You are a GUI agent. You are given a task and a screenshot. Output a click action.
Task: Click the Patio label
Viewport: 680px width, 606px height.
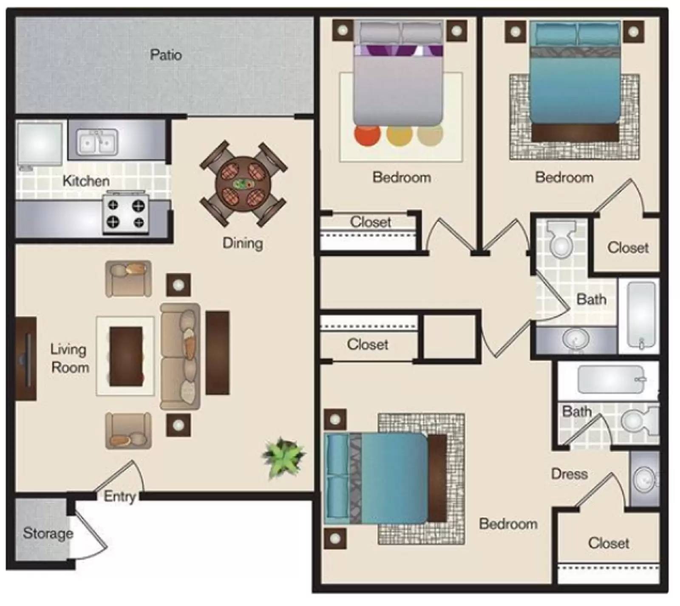click(x=166, y=55)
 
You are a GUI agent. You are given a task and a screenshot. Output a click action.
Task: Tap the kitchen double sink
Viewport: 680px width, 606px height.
click(x=97, y=142)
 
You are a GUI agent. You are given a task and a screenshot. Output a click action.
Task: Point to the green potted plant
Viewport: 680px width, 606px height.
click(x=283, y=456)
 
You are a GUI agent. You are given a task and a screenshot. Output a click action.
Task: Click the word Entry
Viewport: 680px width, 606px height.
click(x=119, y=496)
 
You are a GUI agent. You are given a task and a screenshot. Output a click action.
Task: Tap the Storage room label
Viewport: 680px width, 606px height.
click(x=48, y=533)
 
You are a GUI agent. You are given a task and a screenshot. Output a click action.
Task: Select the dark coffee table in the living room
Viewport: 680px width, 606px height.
click(x=126, y=357)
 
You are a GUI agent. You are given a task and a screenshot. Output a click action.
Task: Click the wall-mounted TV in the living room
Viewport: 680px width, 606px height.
click(x=26, y=358)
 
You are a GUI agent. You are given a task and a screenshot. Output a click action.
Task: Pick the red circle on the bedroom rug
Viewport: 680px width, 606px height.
click(x=367, y=134)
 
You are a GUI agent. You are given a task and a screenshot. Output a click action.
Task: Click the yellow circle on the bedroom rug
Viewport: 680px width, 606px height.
click(x=399, y=134)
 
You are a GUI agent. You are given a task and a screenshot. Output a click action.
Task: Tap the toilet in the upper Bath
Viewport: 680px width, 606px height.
click(x=561, y=239)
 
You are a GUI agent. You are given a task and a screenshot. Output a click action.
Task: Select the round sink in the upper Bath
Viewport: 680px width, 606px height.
click(x=576, y=339)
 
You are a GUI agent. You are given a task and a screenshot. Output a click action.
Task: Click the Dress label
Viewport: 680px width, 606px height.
click(x=569, y=474)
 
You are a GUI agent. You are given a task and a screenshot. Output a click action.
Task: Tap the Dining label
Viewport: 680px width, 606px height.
click(x=243, y=243)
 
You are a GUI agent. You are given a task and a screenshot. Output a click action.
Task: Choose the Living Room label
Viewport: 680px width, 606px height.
click(x=70, y=358)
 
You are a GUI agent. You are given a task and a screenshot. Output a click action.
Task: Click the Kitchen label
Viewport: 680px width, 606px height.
click(x=86, y=181)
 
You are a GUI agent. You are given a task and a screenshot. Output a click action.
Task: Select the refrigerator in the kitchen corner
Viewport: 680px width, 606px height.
click(x=40, y=144)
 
